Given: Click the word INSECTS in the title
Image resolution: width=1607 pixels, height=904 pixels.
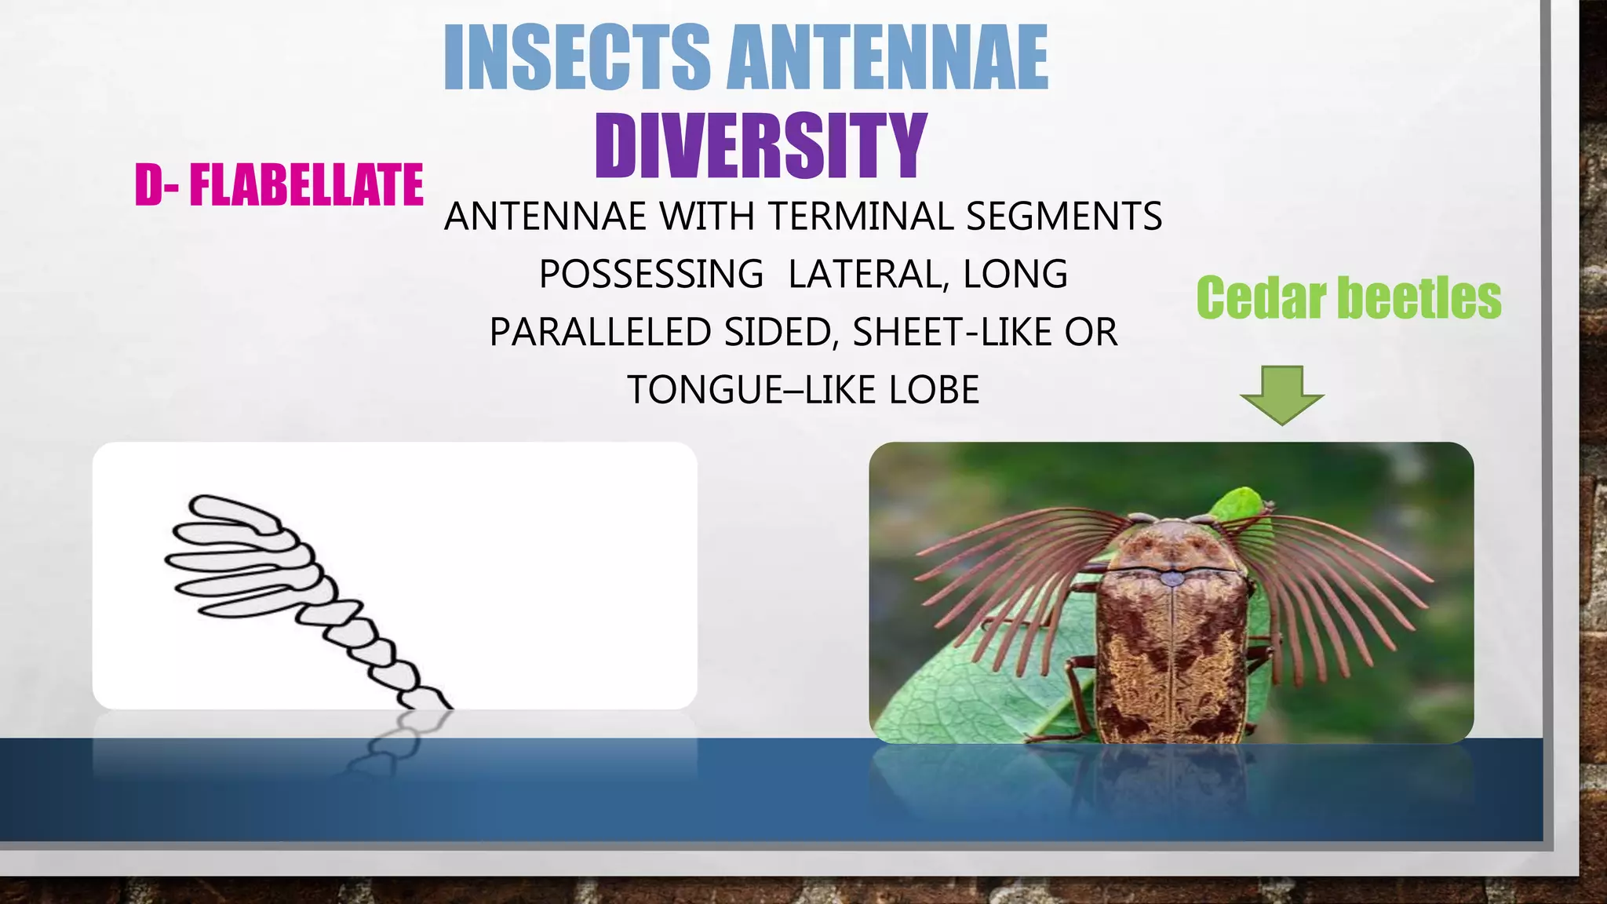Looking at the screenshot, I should pos(577,58).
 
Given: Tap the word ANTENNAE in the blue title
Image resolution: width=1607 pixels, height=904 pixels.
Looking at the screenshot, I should pos(887,58).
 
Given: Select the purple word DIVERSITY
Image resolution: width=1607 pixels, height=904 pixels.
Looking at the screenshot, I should pos(760,145).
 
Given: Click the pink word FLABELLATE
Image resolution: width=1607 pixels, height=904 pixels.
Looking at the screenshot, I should pos(306,185).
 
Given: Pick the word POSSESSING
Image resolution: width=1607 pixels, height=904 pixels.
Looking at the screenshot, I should pos(650,274).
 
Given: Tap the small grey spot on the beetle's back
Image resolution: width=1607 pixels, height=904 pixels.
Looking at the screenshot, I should pos(1172,579).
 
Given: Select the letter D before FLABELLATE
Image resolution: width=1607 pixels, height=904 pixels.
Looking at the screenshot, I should pos(148,185).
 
